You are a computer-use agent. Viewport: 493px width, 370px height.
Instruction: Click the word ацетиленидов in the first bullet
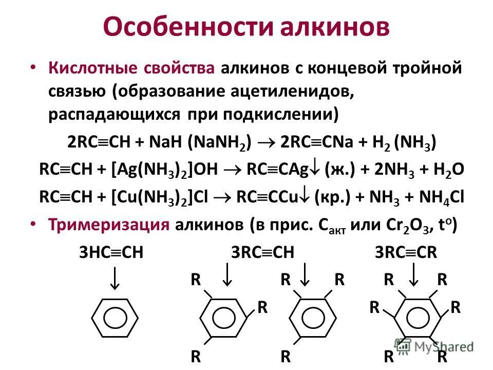click(x=287, y=92)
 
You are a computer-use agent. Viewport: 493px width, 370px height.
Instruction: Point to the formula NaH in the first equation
click(x=166, y=142)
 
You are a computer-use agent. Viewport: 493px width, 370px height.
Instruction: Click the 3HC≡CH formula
click(x=110, y=252)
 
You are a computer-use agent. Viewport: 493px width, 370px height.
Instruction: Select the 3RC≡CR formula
click(x=406, y=252)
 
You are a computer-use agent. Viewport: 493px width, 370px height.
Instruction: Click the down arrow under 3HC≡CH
click(x=116, y=279)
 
